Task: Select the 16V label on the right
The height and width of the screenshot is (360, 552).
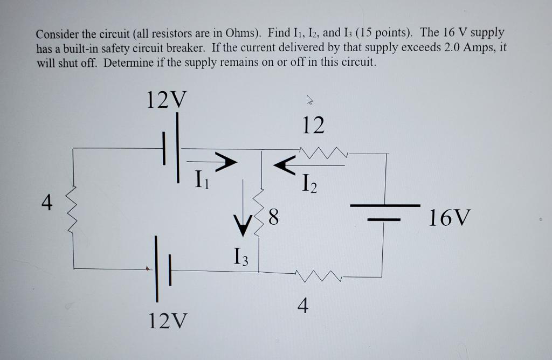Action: [450, 219]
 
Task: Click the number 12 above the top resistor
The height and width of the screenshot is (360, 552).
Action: [313, 125]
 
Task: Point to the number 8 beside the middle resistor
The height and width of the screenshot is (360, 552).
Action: [273, 218]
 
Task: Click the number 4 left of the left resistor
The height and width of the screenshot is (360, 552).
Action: [47, 204]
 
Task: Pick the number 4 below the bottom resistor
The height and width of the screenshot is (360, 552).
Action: [303, 306]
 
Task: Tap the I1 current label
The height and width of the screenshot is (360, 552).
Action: [201, 177]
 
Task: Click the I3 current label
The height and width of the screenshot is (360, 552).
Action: [241, 255]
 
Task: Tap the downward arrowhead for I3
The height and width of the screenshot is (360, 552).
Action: [242, 226]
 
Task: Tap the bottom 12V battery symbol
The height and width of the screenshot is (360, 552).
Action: [162, 268]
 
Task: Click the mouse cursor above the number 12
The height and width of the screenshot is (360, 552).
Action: [309, 100]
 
